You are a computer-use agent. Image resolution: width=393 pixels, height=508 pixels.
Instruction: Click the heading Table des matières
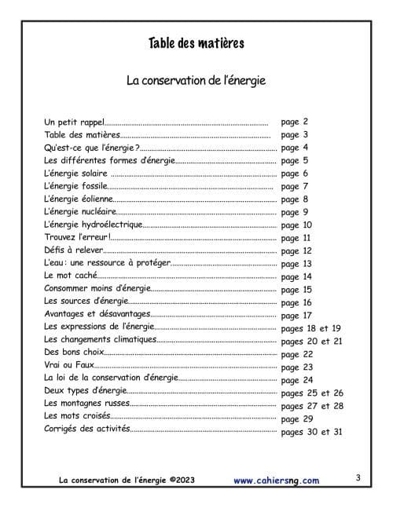coord(196,44)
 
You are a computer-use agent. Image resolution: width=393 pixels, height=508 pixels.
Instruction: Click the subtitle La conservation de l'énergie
coord(196,80)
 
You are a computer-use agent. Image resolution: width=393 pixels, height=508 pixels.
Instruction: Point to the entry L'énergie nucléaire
coord(80,212)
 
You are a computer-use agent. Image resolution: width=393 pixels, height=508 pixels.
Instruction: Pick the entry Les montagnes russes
coord(84,404)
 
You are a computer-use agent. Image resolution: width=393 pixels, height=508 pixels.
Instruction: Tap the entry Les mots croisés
coord(77,416)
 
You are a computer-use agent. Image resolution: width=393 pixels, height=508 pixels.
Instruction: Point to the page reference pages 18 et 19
coord(312,327)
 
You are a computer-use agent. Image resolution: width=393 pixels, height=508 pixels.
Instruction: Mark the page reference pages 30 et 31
coord(312,431)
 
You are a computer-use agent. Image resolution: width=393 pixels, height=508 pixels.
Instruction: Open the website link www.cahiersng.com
coord(277,480)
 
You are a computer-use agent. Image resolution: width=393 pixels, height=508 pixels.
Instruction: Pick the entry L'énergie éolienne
coord(79,199)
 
